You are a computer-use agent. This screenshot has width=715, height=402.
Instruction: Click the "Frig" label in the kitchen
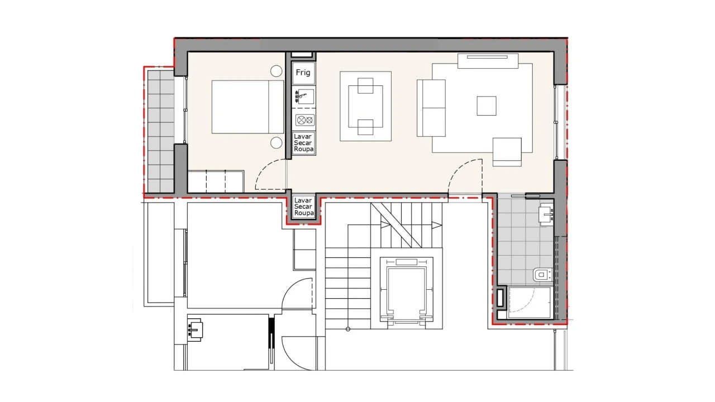303,73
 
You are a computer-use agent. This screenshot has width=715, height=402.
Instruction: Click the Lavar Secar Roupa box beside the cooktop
304,143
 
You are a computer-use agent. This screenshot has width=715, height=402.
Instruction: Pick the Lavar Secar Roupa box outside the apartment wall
304,207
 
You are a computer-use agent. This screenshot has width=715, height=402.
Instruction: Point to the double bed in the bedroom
248,106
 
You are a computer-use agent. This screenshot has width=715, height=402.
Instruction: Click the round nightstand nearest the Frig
276,71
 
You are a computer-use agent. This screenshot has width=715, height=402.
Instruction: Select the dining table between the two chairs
365,106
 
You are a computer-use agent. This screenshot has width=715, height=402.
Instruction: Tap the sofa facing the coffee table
431,107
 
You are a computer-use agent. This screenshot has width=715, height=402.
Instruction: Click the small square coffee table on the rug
486,106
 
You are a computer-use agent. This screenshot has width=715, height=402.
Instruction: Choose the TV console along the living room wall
489,61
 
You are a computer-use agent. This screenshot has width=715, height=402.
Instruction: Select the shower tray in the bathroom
529,303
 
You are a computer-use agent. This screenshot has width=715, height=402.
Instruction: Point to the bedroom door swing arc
268,174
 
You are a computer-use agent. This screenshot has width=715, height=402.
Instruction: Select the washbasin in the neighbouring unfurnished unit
196,329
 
